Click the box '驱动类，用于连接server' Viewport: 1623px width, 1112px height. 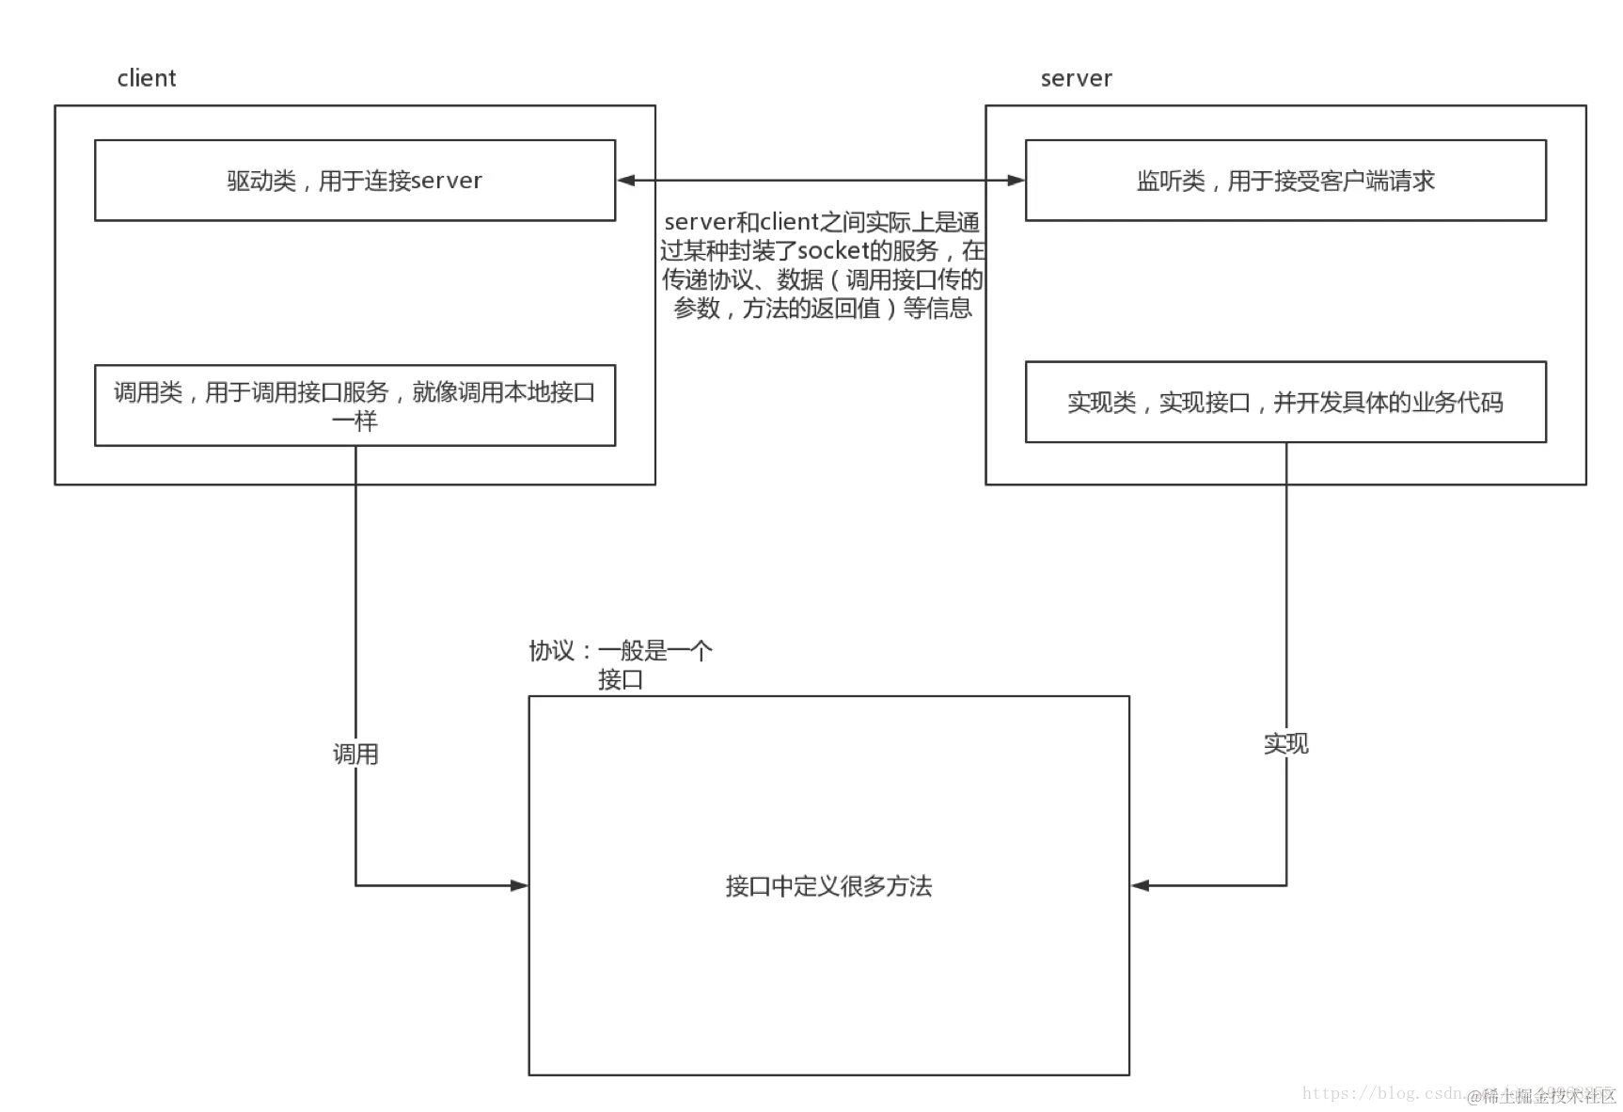coord(355,181)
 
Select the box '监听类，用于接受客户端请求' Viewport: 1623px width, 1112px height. coord(1284,181)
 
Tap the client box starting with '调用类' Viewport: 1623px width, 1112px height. coord(355,405)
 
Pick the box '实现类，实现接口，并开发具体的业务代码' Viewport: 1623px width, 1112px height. coord(1284,403)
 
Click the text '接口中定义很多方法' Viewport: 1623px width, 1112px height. coord(828,886)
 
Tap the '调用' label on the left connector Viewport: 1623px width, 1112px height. coord(356,754)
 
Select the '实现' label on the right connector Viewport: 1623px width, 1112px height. coord(1285,743)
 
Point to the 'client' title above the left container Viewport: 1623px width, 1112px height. coord(147,79)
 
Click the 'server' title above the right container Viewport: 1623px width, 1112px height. coord(1076,79)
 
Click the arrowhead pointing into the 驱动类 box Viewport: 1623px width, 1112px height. coord(626,181)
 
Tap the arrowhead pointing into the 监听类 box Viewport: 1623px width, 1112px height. coord(1015,181)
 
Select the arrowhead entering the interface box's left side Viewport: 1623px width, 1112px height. coord(516,884)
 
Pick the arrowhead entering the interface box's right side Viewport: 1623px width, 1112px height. coord(1142,885)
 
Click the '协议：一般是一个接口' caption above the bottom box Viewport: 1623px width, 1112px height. coord(622,664)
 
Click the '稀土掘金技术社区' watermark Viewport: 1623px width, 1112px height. coord(1542,1095)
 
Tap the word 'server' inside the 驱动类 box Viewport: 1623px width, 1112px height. coord(447,181)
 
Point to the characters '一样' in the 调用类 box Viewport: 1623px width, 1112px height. coord(355,421)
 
